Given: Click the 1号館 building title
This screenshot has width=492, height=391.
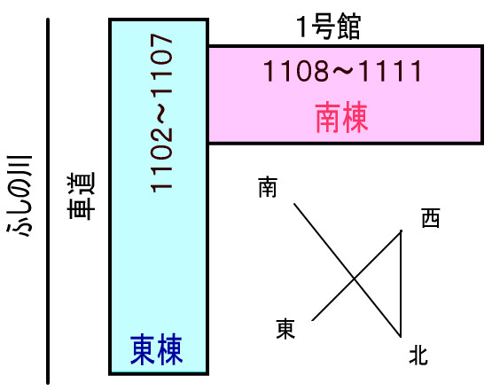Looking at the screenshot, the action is (x=328, y=27).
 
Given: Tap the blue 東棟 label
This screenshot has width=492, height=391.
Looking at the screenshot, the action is (x=156, y=350).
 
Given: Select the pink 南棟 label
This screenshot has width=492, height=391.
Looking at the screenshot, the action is (x=341, y=117).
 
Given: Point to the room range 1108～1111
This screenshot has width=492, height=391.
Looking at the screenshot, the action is (x=343, y=71).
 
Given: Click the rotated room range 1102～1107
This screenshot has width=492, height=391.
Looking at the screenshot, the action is (x=161, y=113).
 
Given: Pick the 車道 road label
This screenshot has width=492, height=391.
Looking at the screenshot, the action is (x=81, y=195).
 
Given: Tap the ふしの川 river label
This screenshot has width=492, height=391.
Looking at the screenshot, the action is (x=20, y=195).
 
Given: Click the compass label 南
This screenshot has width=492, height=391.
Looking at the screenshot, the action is (x=268, y=187).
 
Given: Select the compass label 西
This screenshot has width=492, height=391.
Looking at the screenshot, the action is (x=431, y=218).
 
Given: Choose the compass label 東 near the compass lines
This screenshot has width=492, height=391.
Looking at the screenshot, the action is (x=285, y=329).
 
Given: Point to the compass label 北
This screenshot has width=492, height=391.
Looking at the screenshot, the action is (x=418, y=356).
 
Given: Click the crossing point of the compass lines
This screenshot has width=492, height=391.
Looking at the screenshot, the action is (x=355, y=278).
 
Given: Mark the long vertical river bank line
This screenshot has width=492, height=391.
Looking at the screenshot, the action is (x=48, y=201).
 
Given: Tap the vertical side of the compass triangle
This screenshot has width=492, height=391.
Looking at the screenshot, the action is (x=401, y=284).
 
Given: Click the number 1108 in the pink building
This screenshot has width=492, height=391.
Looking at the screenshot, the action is (x=296, y=71).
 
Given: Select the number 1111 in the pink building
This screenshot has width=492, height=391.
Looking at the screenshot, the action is (x=390, y=71).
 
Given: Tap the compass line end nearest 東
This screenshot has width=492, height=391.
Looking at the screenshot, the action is (x=313, y=320).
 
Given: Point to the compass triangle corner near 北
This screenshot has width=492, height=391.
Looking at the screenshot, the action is (x=401, y=337).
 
